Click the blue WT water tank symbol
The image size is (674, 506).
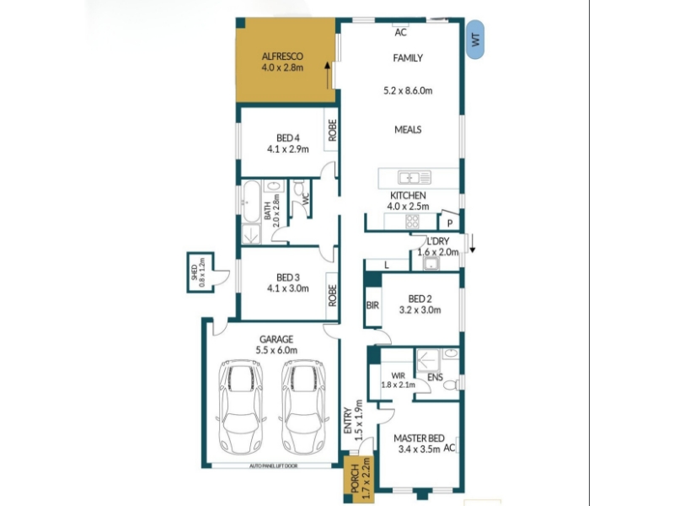click(x=475, y=40)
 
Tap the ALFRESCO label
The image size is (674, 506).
click(x=282, y=57)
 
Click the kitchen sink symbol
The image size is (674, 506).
click(x=415, y=177)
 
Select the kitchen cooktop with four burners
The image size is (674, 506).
click(x=412, y=221)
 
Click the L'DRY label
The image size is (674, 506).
click(x=437, y=241)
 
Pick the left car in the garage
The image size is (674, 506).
click(x=241, y=407)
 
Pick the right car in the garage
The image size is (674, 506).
click(x=303, y=407)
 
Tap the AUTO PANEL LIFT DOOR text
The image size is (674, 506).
click(x=274, y=466)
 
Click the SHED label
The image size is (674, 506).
click(x=195, y=272)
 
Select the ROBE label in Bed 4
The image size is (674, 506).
click(x=332, y=130)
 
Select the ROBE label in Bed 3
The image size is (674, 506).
click(x=332, y=295)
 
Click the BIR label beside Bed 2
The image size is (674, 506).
click(x=372, y=305)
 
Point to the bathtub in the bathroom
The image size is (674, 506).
click(x=251, y=202)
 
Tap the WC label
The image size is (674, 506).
click(x=306, y=198)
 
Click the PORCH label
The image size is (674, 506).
click(x=355, y=478)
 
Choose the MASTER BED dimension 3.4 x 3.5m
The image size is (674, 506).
click(x=419, y=449)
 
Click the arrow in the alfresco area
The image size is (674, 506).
click(x=328, y=75)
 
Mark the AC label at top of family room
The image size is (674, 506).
click(x=400, y=32)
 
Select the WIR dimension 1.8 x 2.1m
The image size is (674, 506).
click(x=398, y=385)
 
